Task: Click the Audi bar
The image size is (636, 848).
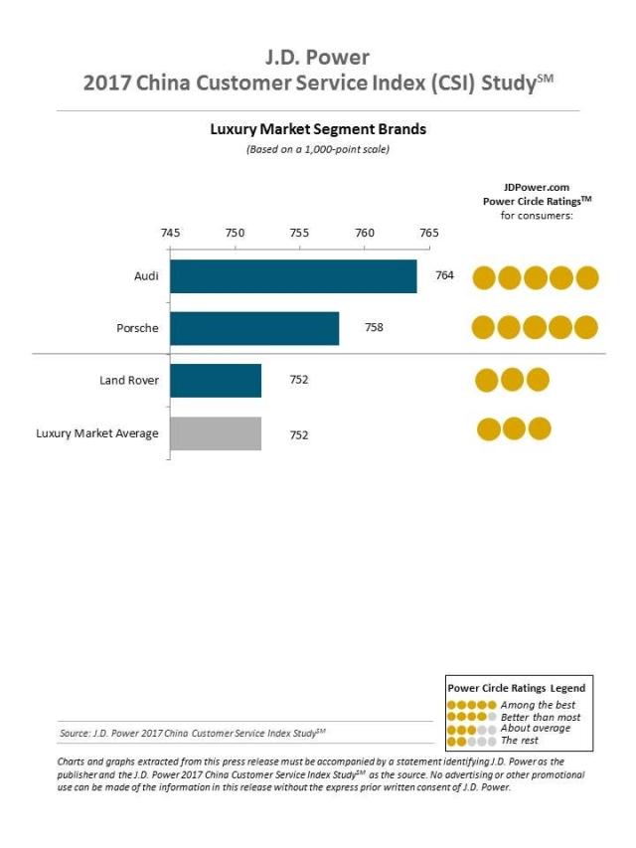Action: (x=293, y=276)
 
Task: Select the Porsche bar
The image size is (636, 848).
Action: (x=254, y=328)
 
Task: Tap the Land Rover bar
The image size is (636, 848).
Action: (x=216, y=381)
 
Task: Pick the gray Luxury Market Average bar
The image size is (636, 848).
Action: (x=216, y=433)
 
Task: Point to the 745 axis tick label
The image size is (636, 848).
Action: (x=170, y=233)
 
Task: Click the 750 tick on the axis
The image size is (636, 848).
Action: (x=235, y=233)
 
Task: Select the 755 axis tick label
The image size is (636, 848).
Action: (x=299, y=233)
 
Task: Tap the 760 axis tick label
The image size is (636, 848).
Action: (x=365, y=233)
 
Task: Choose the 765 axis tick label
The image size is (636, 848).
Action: (x=428, y=233)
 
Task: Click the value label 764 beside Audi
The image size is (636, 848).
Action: (x=444, y=275)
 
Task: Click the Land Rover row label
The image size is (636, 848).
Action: (x=128, y=381)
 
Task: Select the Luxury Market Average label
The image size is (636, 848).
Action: (x=97, y=433)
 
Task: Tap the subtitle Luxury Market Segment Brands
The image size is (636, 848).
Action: (x=318, y=129)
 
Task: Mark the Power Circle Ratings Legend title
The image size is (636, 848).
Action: (x=517, y=687)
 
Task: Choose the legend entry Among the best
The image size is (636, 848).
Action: (x=538, y=705)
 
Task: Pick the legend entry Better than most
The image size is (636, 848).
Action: (x=541, y=717)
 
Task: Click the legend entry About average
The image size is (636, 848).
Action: (x=536, y=729)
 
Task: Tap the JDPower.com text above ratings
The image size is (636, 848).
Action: (x=536, y=186)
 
